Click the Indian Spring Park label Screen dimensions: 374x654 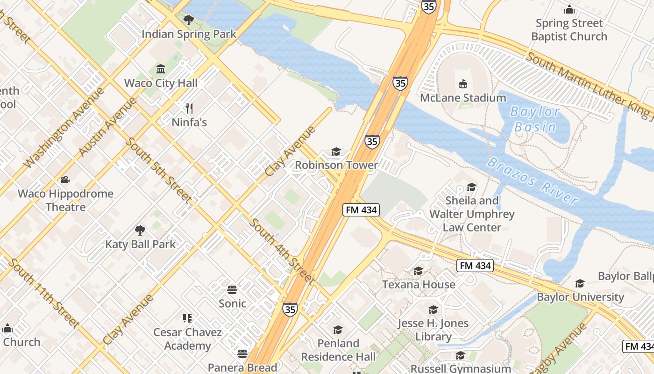189,34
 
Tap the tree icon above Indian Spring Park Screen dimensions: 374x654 189,20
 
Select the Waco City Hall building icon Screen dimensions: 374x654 161,69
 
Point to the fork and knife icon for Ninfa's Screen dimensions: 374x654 189,108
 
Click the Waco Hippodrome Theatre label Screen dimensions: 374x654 65,200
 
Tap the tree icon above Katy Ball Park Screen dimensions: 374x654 140,230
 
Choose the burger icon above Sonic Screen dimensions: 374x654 232,289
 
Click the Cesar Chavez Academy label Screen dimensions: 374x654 187,339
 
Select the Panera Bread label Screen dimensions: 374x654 242,367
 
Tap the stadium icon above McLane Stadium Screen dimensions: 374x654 463,84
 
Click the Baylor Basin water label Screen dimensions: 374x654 534,119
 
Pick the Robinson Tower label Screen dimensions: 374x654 336,165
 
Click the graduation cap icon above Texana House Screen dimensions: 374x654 418,271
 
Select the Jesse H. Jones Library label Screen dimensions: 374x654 433,330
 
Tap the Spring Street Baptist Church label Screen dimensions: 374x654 569,29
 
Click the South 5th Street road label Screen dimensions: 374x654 159,170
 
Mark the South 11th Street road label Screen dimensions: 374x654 43,293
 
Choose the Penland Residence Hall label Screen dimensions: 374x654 338,350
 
